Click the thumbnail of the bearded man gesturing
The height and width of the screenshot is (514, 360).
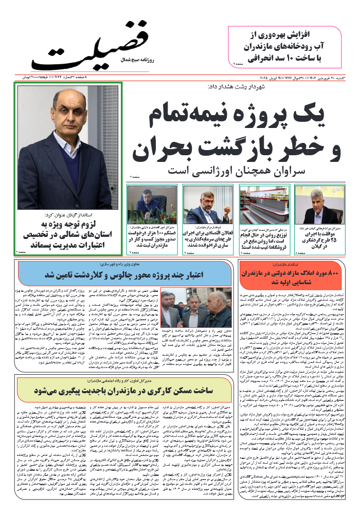click(208, 204)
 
